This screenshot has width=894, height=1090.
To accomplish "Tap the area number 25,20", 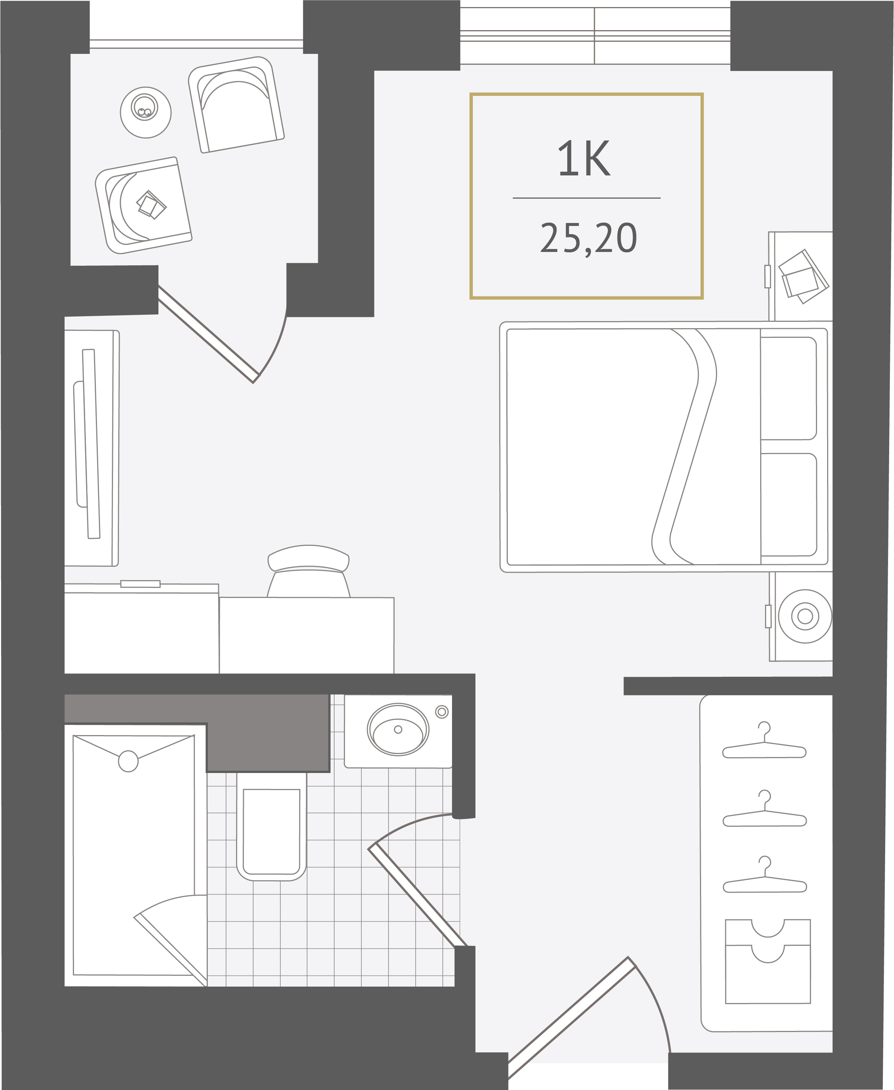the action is (588, 238).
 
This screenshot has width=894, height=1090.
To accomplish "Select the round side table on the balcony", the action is (146, 112).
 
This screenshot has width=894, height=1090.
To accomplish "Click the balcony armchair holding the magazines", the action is (144, 205).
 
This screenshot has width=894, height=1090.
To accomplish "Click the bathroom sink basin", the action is (398, 730).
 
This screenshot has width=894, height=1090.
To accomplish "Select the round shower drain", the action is (128, 761).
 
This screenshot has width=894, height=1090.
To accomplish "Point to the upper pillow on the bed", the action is (788, 389).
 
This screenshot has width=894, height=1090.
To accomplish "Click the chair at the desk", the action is (309, 570).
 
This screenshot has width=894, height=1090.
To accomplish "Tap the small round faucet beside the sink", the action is (442, 712).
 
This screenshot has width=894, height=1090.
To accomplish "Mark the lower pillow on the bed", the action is (788, 505).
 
